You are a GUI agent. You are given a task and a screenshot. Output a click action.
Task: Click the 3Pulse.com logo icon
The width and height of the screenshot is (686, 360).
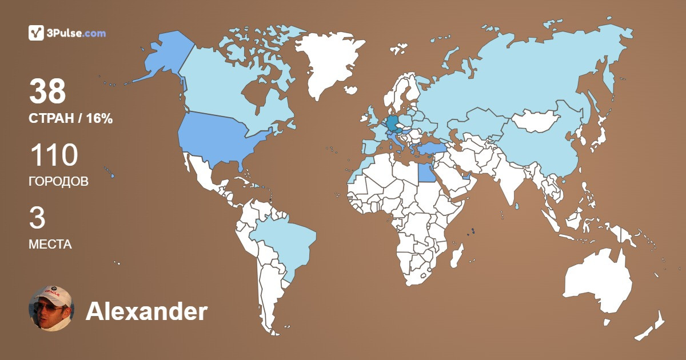[36, 33]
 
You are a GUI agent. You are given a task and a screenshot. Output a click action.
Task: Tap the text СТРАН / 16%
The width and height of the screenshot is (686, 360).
[70, 119]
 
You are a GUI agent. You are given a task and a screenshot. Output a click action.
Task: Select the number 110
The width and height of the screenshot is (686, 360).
[53, 155]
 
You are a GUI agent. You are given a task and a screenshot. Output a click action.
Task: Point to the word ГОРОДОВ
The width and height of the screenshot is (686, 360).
[58, 182]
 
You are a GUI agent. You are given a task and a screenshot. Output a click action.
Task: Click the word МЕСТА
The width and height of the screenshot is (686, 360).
[50, 245]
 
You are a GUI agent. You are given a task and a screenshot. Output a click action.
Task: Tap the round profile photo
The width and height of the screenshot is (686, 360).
[51, 309]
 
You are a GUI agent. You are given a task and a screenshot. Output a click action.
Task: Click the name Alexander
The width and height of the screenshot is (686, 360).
[146, 311]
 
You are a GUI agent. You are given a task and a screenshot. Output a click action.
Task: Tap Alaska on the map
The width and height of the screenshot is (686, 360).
[160, 57]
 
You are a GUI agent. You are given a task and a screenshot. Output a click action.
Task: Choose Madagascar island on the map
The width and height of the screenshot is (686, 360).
[457, 256]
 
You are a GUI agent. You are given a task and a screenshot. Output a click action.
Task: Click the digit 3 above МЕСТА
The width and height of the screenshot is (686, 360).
[37, 218]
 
